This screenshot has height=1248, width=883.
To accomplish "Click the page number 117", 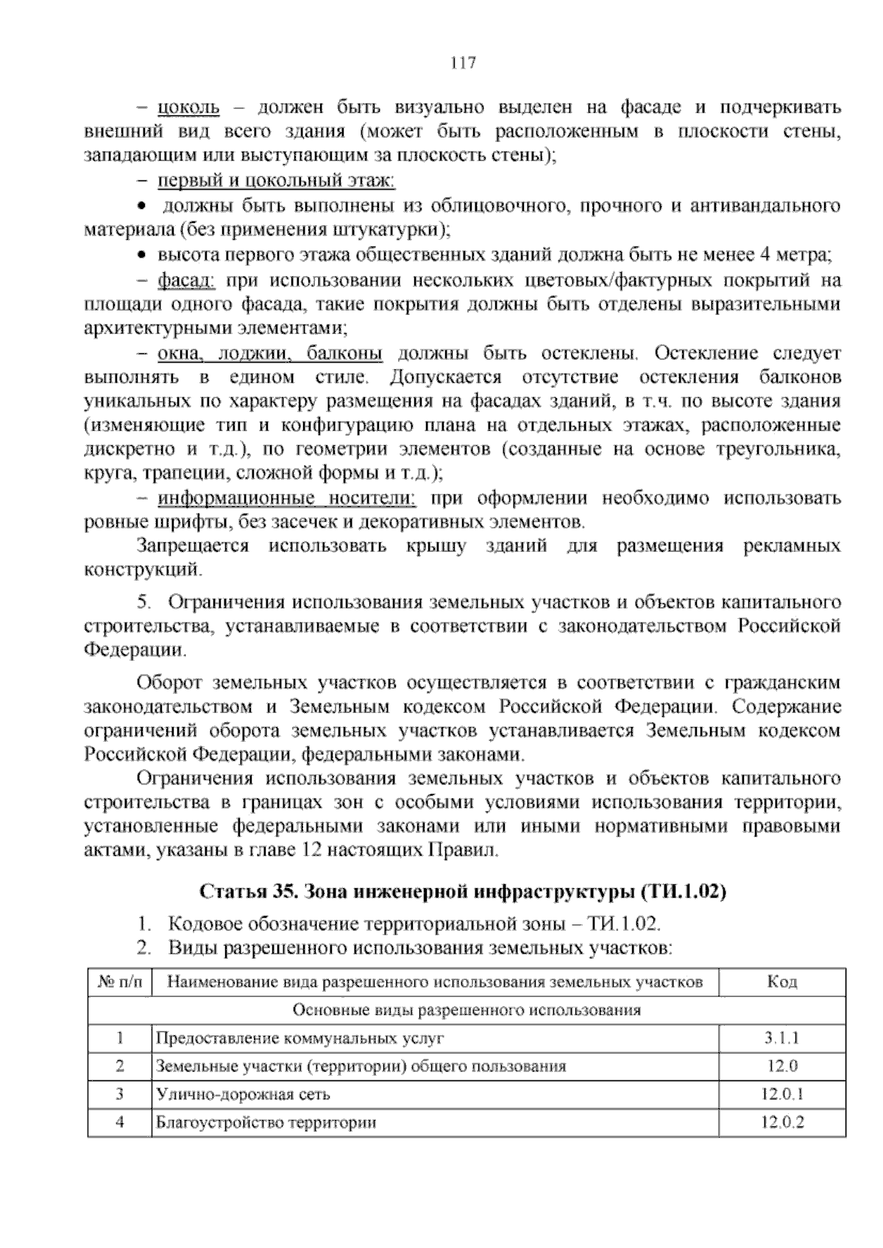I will click(x=463, y=63).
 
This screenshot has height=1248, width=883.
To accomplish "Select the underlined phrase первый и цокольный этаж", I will click(x=277, y=180).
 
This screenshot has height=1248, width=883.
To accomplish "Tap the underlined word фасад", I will click(x=185, y=280).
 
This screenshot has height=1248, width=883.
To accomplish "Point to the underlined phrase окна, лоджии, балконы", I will click(x=270, y=353).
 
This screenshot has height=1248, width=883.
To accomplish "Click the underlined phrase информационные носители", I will click(x=287, y=498).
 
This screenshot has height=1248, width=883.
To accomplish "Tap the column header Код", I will click(x=781, y=982).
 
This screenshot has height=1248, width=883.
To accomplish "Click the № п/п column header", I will click(x=120, y=982).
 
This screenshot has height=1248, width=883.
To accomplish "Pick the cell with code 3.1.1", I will click(x=781, y=1038).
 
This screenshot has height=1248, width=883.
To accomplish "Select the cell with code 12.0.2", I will click(x=781, y=1122).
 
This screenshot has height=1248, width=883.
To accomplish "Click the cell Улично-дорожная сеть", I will click(x=244, y=1094).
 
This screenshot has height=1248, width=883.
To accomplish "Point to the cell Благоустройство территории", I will click(x=266, y=1122).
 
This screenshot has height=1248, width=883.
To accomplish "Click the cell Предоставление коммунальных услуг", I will click(x=300, y=1038).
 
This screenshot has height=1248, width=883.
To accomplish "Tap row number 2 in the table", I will click(x=120, y=1066).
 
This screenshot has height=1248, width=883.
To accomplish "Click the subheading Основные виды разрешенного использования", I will click(x=467, y=1010).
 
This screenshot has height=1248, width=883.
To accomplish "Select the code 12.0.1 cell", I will click(x=781, y=1094).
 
